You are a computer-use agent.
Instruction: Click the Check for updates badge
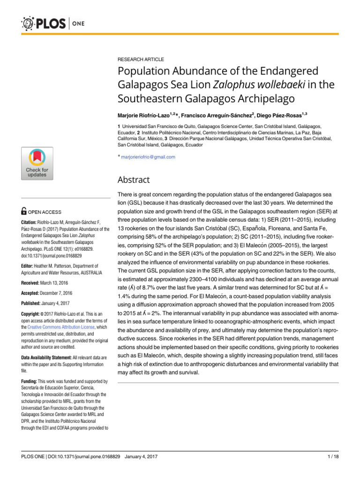pyautogui.click(x=37, y=164)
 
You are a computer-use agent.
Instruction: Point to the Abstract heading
pyautogui.click(x=134, y=180)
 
